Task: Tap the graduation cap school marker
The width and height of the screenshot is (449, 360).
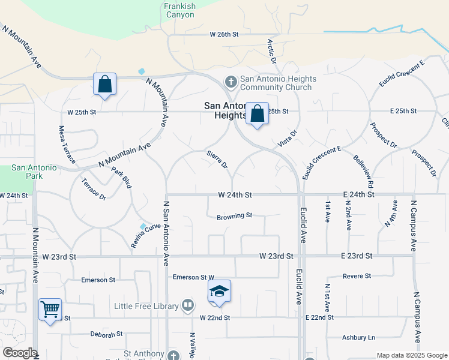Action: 219,292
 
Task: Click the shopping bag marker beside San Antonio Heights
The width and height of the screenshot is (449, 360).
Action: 257,113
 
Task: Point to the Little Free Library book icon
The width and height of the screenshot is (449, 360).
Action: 188,306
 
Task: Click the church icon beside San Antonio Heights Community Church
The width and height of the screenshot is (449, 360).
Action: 231,81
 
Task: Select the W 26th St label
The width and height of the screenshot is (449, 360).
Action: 224,35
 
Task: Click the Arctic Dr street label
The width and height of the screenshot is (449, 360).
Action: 271,52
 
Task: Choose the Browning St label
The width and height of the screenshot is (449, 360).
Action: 234,215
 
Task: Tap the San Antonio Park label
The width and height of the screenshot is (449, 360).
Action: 34,172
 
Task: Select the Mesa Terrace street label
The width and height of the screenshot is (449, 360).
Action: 67,145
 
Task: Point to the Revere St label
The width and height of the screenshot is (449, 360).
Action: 357,276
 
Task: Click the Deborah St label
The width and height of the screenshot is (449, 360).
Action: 106,334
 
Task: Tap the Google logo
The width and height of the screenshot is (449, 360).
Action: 19,353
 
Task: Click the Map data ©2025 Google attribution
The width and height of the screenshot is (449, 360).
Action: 411,355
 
